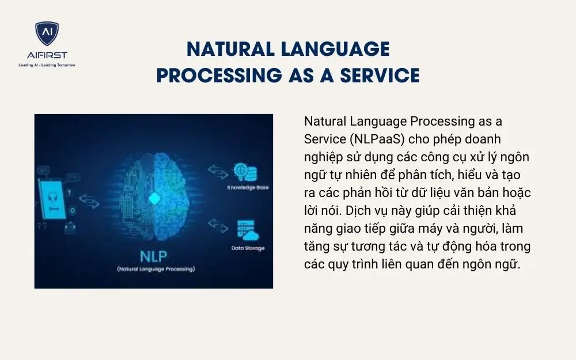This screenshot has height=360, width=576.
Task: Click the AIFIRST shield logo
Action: [47, 33]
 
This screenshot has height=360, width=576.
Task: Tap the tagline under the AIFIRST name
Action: [47, 66]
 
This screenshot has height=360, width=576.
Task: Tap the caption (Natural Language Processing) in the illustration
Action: [156, 269]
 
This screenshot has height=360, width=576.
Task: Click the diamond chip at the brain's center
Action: [154, 198]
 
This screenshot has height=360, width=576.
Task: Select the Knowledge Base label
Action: [248, 188]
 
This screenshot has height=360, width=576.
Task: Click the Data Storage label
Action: [248, 248]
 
